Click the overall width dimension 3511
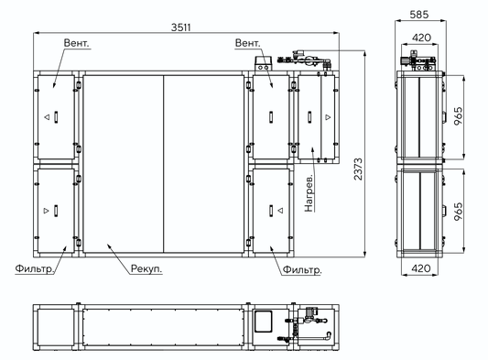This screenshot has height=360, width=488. click(x=180, y=27)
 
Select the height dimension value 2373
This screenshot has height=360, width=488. click(x=358, y=169)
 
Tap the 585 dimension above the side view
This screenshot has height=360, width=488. click(x=419, y=15)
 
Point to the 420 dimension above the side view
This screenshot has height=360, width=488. click(x=421, y=38)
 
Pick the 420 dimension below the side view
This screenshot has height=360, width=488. click(x=421, y=268)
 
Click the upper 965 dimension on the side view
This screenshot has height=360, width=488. click(x=458, y=116)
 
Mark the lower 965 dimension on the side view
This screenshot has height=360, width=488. click(x=458, y=212)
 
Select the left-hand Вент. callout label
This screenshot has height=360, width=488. click(x=76, y=43)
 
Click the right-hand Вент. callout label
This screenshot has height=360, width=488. click(x=247, y=43)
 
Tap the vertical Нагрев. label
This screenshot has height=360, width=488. click(x=309, y=193)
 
